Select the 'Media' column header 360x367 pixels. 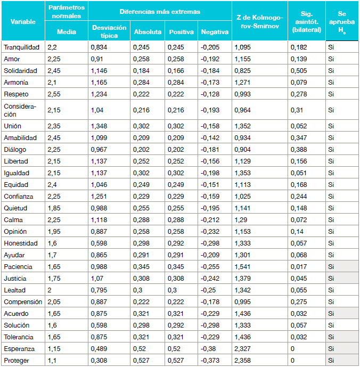(x=67, y=32)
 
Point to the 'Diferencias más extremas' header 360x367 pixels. (x=160, y=11)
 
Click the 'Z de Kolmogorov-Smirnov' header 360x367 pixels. (x=259, y=22)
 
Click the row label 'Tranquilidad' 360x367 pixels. (x=21, y=47)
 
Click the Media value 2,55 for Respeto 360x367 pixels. (x=53, y=94)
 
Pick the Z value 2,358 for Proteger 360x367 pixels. (x=243, y=361)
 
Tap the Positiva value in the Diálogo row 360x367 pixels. (x=177, y=150)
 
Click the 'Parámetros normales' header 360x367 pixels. (x=67, y=11)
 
